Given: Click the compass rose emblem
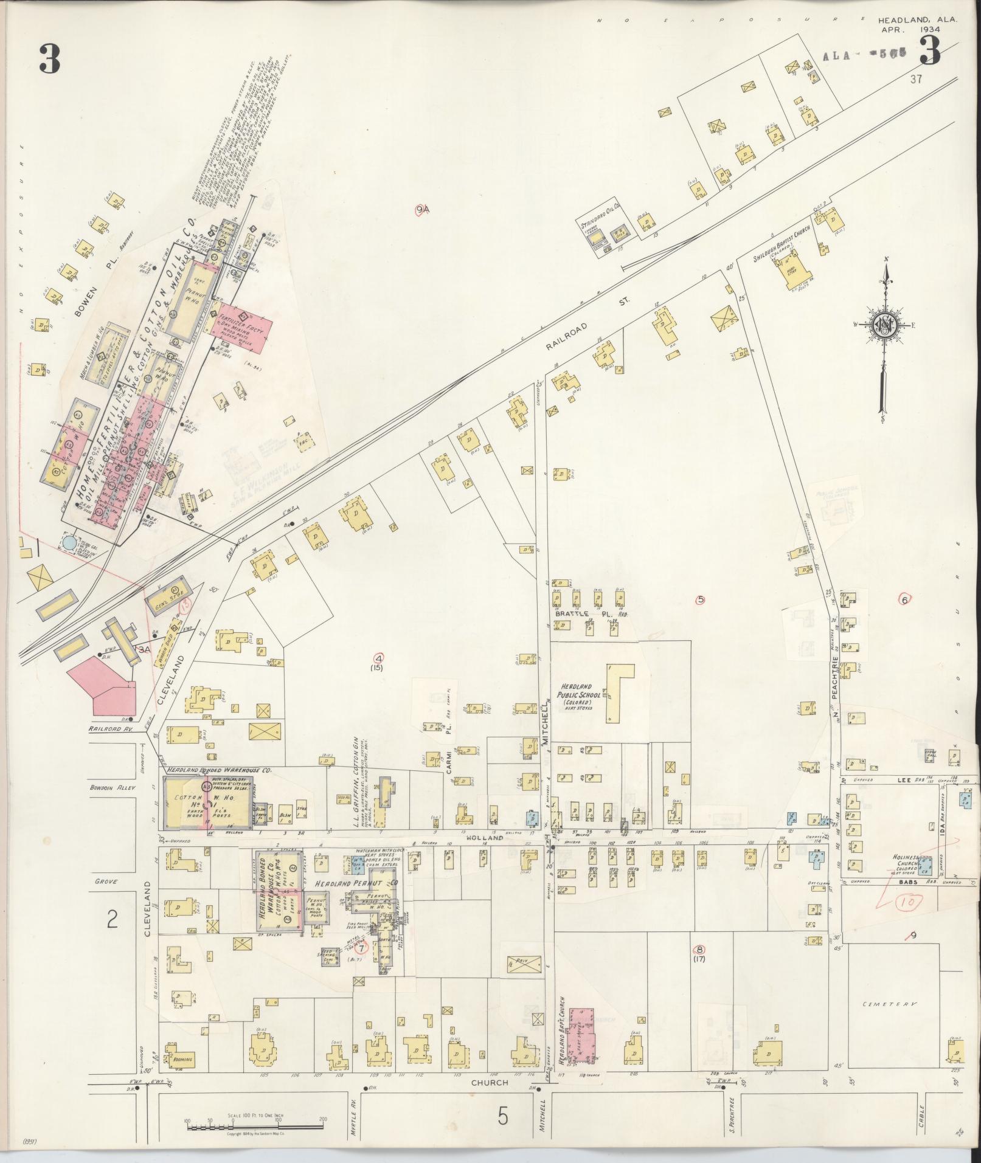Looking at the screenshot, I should click(885, 325).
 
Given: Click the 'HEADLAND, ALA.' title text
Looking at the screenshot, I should click(918, 19).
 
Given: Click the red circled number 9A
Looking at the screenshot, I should click(422, 210).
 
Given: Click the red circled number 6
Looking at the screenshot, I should click(904, 599).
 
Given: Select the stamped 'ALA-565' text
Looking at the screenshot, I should click(864, 55).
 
